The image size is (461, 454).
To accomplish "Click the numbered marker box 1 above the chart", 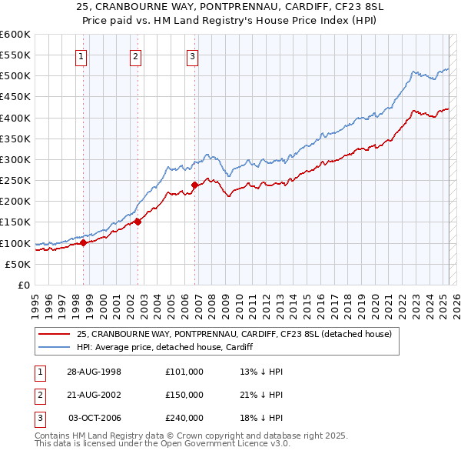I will point(81,55).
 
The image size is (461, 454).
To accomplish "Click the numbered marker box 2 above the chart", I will point(135,55).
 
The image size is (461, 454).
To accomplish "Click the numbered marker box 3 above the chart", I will point(191,55).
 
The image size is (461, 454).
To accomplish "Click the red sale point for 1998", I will point(84,242).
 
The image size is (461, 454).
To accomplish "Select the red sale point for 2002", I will point(138,222).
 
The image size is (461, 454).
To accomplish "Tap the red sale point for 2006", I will point(194,185).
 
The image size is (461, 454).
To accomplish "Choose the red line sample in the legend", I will point(54,334).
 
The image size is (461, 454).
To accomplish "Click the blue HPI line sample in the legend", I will point(54,347).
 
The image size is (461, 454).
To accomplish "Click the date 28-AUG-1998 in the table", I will point(94,372).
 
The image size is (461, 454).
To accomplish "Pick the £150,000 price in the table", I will point(184,395).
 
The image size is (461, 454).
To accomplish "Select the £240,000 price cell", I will point(184,418).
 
